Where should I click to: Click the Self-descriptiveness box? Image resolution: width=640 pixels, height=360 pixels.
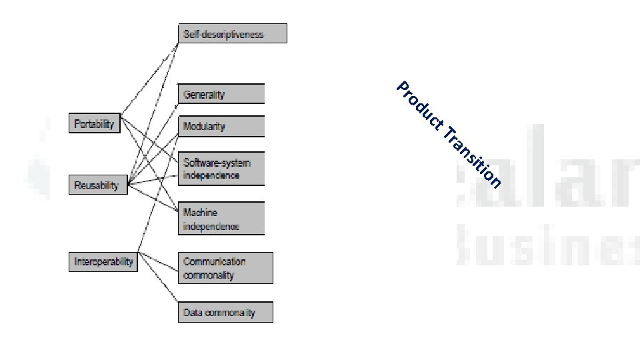[232, 34]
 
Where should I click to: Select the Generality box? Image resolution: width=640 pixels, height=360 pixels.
[221, 94]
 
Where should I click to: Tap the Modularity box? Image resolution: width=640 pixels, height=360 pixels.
[221, 126]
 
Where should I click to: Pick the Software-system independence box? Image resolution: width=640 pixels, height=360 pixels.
[221, 169]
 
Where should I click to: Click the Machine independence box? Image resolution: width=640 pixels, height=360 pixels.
[221, 219]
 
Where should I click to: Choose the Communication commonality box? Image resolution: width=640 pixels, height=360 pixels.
[225, 268]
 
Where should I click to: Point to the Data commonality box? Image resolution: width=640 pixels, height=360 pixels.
[225, 312]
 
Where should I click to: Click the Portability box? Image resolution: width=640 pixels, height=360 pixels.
[94, 124]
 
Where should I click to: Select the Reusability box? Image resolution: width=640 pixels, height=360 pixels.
[97, 185]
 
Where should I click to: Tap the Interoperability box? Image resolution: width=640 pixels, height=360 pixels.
[103, 261]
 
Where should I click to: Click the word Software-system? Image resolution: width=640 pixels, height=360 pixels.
[217, 163]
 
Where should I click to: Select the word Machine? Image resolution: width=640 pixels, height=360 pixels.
[201, 213]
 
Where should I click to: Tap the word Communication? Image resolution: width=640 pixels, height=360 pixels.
[214, 261]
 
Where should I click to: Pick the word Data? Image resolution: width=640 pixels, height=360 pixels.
[193, 312]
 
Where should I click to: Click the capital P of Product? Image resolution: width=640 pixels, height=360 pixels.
[403, 87]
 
